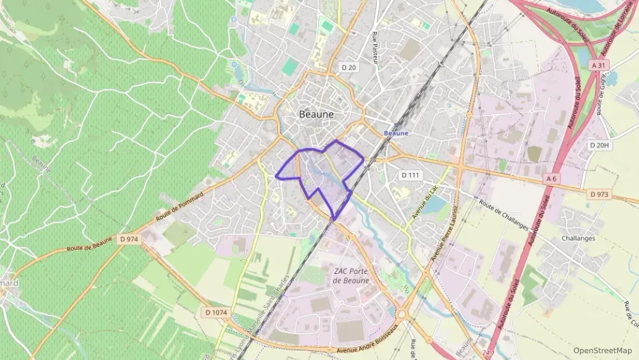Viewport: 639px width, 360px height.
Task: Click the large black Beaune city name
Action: pyautogui.click(x=317, y=114)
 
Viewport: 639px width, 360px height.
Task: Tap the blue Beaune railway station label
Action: pyautogui.click(x=396, y=133)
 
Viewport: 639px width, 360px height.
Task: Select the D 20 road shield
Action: pyautogui.click(x=347, y=67)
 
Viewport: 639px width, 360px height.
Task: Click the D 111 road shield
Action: pyautogui.click(x=410, y=175)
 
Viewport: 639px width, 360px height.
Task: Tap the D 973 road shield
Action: pyautogui.click(x=597, y=195)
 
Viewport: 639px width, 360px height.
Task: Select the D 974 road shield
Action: pyautogui.click(x=128, y=239)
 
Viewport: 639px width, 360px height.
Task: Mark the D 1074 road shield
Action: pyautogui.click(x=216, y=312)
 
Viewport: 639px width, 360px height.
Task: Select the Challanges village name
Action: pyautogui.click(x=578, y=238)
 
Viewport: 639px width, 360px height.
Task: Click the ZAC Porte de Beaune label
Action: pyautogui.click(x=351, y=276)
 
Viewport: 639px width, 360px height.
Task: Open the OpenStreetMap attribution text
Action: pyautogui.click(x=602, y=350)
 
